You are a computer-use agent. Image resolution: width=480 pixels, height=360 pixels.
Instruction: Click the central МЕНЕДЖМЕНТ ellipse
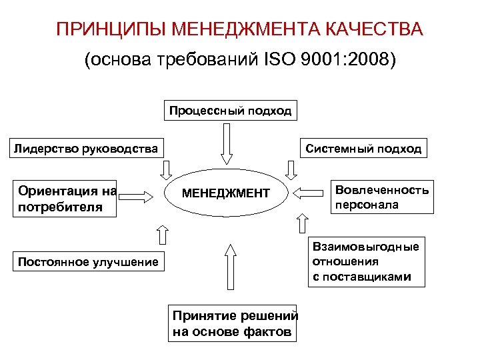226,193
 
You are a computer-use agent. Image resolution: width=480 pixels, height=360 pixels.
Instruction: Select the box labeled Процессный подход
230,111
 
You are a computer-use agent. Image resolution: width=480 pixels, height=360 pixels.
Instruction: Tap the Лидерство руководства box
86,149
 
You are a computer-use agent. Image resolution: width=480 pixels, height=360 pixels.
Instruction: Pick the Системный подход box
363,149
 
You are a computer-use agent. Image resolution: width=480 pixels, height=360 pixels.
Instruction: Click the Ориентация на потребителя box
67,199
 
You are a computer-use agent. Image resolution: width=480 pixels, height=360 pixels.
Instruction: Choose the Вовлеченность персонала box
381,197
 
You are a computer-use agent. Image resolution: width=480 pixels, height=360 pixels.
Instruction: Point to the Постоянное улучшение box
88,262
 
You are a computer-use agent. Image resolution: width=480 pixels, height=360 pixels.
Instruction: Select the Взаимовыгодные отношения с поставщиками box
366,262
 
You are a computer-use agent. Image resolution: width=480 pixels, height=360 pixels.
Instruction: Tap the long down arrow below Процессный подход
226,143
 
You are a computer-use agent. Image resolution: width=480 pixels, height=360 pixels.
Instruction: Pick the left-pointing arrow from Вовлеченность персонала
307,193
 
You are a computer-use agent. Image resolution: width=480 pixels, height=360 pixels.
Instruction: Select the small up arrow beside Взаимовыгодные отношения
303,225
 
